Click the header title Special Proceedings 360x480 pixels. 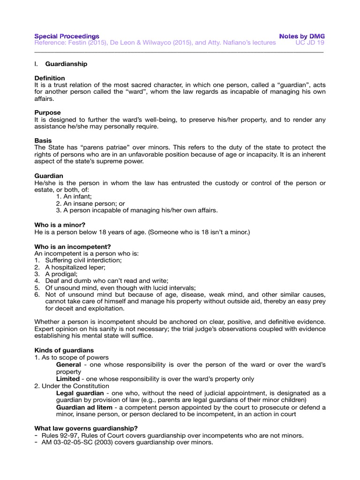pos(67,36)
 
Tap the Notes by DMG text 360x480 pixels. pos(302,36)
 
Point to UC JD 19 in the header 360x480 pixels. pos(310,43)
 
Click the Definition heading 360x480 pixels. pos(50,78)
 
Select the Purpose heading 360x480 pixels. pos(47,112)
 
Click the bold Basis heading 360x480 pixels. pos(44,140)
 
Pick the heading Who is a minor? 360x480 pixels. pos(60,225)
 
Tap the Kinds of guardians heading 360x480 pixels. pos(64,350)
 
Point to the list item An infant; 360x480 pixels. pos(74,197)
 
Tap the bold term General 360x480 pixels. pos(68,364)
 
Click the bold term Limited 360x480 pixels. pos(68,378)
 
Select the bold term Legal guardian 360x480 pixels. pos(81,392)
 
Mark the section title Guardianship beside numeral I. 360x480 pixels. pos(66,64)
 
